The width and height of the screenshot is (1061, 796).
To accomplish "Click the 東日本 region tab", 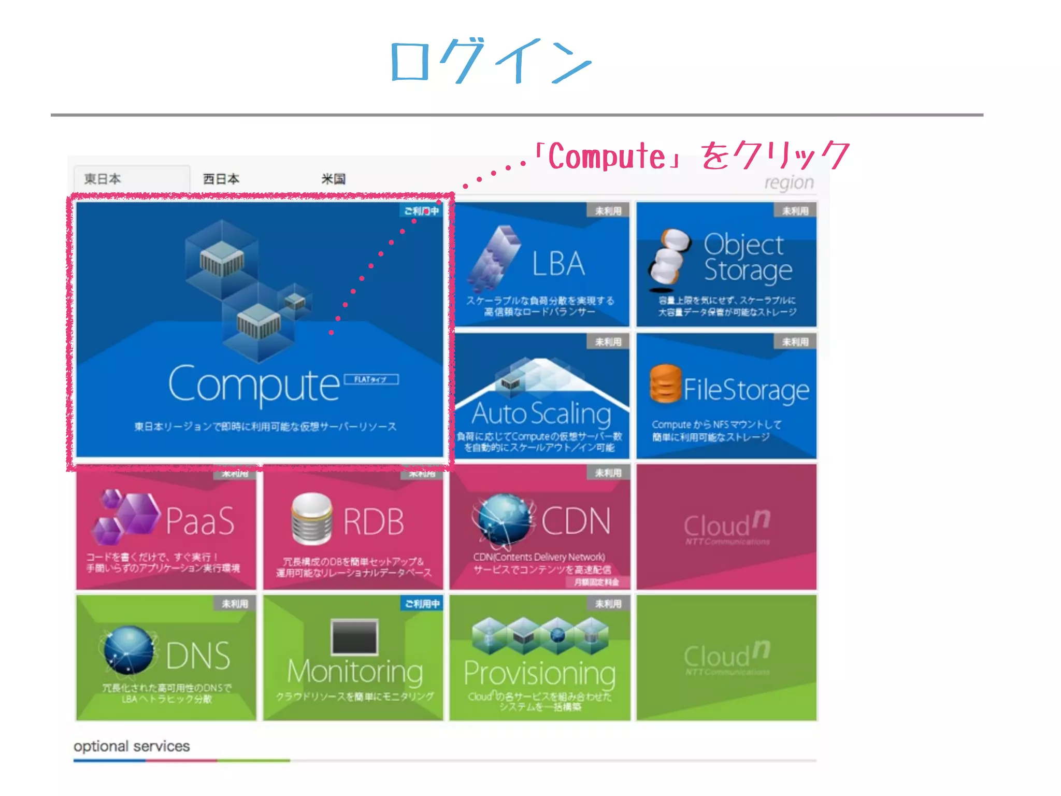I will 103,179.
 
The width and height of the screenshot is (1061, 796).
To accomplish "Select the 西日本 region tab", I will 221,179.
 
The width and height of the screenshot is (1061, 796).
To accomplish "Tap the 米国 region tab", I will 333,179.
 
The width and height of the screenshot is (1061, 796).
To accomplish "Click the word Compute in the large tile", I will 254,385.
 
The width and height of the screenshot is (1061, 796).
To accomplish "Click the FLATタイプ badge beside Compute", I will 370,379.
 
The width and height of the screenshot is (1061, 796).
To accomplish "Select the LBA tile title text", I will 558,264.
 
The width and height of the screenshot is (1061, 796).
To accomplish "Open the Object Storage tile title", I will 747,258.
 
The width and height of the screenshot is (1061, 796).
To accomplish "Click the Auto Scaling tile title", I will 541,414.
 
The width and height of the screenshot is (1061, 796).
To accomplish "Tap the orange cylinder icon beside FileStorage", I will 665,383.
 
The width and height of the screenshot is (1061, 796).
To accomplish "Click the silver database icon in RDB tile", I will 311,518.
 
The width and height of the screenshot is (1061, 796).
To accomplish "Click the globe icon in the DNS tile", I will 128,650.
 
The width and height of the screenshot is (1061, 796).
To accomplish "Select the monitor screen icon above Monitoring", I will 354,637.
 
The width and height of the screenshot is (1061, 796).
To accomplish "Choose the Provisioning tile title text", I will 540,673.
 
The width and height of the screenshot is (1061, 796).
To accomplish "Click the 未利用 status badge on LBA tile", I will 608,211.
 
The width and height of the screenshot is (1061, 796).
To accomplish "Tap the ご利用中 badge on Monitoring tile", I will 422,604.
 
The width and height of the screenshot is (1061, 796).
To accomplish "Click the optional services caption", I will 132,746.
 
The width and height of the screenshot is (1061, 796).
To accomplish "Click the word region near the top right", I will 788,182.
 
